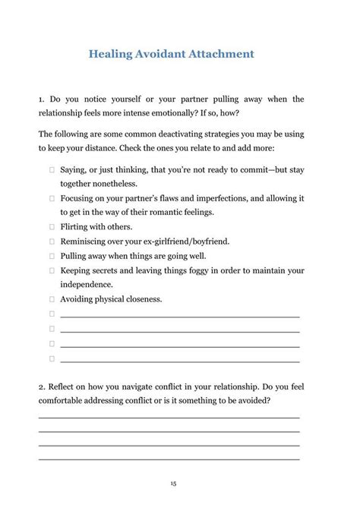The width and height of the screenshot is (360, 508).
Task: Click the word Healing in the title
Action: point(112,54)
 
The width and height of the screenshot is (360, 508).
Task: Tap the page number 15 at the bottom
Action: point(174,483)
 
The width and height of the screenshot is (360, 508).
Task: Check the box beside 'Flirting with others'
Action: point(52,226)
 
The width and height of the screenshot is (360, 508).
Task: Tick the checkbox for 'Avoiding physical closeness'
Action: point(52,299)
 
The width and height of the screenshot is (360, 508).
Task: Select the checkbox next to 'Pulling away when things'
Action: point(52,256)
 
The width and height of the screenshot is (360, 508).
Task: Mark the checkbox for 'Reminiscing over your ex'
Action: point(52,241)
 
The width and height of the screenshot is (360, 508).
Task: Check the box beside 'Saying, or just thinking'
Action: point(52,170)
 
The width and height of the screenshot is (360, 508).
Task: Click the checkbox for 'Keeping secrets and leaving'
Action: point(52,270)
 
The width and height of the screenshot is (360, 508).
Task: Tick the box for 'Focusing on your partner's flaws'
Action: point(52,198)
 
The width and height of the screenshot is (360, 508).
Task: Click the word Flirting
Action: point(76,226)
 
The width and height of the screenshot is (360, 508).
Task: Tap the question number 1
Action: point(41,99)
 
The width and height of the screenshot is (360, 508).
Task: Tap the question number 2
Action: point(41,387)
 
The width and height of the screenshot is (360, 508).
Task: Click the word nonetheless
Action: point(112,184)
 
